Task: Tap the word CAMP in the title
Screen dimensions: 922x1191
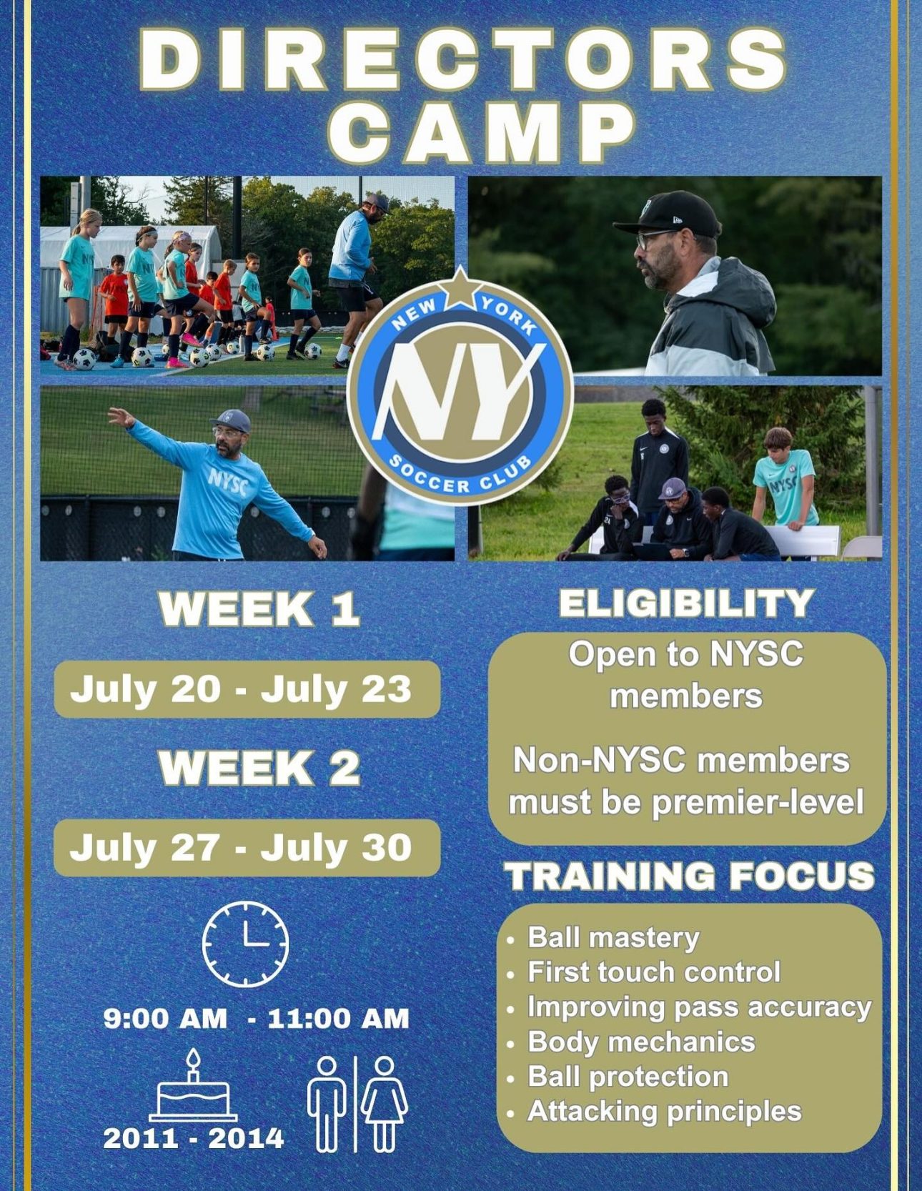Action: (x=483, y=132)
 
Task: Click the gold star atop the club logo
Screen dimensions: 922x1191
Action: (x=460, y=288)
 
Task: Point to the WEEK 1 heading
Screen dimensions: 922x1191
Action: (x=259, y=609)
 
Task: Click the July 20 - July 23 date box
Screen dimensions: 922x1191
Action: (x=247, y=689)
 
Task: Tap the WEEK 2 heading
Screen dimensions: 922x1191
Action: (x=259, y=769)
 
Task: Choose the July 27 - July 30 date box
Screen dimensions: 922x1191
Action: (x=247, y=848)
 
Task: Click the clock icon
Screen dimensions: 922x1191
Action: (x=245, y=944)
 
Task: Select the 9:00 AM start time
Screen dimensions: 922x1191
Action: (x=165, y=1018)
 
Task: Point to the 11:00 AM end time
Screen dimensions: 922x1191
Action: (x=338, y=1018)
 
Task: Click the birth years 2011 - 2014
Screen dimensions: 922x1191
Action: (x=193, y=1138)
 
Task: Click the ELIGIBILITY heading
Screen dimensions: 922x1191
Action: (x=686, y=604)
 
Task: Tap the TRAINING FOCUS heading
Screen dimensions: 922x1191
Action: (x=690, y=876)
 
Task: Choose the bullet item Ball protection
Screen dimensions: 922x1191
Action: (x=628, y=1077)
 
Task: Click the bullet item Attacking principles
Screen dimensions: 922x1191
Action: (x=665, y=1112)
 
